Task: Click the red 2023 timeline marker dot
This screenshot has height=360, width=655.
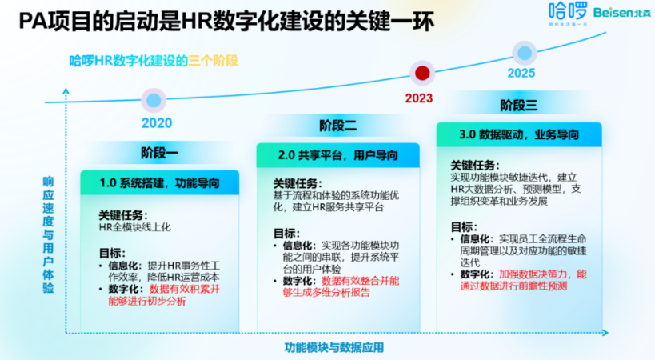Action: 422,73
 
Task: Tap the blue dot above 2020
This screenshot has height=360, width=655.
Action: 154,100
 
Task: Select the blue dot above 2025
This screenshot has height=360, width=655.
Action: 525,53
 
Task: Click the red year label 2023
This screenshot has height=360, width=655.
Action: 419,98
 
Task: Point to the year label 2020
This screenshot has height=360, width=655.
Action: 157,122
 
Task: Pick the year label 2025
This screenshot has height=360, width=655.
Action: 521,73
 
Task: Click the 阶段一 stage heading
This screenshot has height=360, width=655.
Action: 159,153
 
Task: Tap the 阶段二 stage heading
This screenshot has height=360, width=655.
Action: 337,126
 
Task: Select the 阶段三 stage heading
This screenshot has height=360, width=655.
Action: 519,106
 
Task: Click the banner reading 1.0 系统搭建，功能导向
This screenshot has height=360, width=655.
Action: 160,182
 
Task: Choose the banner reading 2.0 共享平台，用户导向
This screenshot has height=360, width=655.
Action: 338,155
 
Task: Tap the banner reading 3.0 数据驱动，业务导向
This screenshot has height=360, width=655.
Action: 519,134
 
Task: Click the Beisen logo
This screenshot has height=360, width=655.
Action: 622,13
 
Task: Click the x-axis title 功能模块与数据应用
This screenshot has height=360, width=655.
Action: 333,347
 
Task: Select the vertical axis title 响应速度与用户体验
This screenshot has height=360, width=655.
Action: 49,234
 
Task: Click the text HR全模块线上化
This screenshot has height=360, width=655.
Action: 134,227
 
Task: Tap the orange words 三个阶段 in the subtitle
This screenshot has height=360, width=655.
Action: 213,61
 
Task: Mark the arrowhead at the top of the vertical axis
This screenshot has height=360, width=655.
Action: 66,90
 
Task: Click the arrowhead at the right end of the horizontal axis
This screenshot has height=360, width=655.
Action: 605,333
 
